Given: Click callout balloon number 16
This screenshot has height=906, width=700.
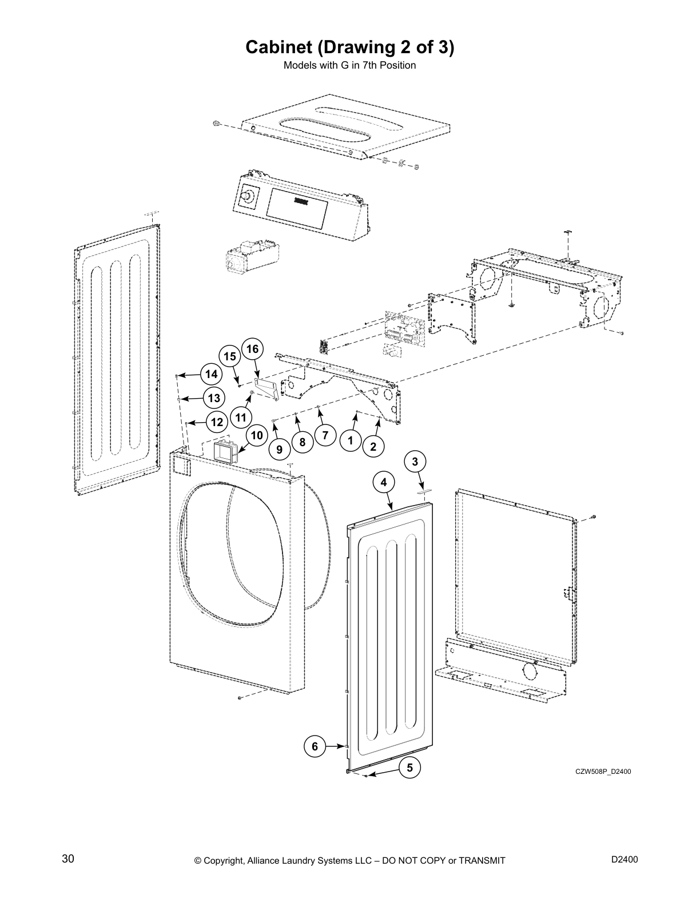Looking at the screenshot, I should tap(252, 349).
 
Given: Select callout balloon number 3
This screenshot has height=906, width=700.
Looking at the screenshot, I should tap(415, 462).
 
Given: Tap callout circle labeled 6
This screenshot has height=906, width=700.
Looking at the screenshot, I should tap(315, 746).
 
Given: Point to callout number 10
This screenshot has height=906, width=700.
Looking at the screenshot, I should tap(257, 435).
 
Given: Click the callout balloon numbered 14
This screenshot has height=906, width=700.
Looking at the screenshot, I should tap(211, 374).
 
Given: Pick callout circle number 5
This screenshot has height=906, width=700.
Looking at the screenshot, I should tap(409, 768).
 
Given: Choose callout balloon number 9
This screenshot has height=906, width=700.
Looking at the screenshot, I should tap(279, 450).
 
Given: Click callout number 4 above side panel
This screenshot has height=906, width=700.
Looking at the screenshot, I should tap(383, 482).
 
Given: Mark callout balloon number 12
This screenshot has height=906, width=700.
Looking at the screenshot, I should tap(216, 423).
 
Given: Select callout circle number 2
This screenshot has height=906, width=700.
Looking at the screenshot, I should tap(373, 447).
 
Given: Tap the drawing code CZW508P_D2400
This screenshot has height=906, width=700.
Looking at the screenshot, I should tap(603, 772).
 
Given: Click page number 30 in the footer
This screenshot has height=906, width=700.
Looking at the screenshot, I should tap(68, 859).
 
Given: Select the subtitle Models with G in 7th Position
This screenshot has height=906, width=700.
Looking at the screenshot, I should tap(349, 65).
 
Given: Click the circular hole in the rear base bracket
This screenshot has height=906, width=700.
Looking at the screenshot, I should tap(529, 669).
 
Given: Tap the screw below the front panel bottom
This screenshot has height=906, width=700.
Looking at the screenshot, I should tap(241, 698).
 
